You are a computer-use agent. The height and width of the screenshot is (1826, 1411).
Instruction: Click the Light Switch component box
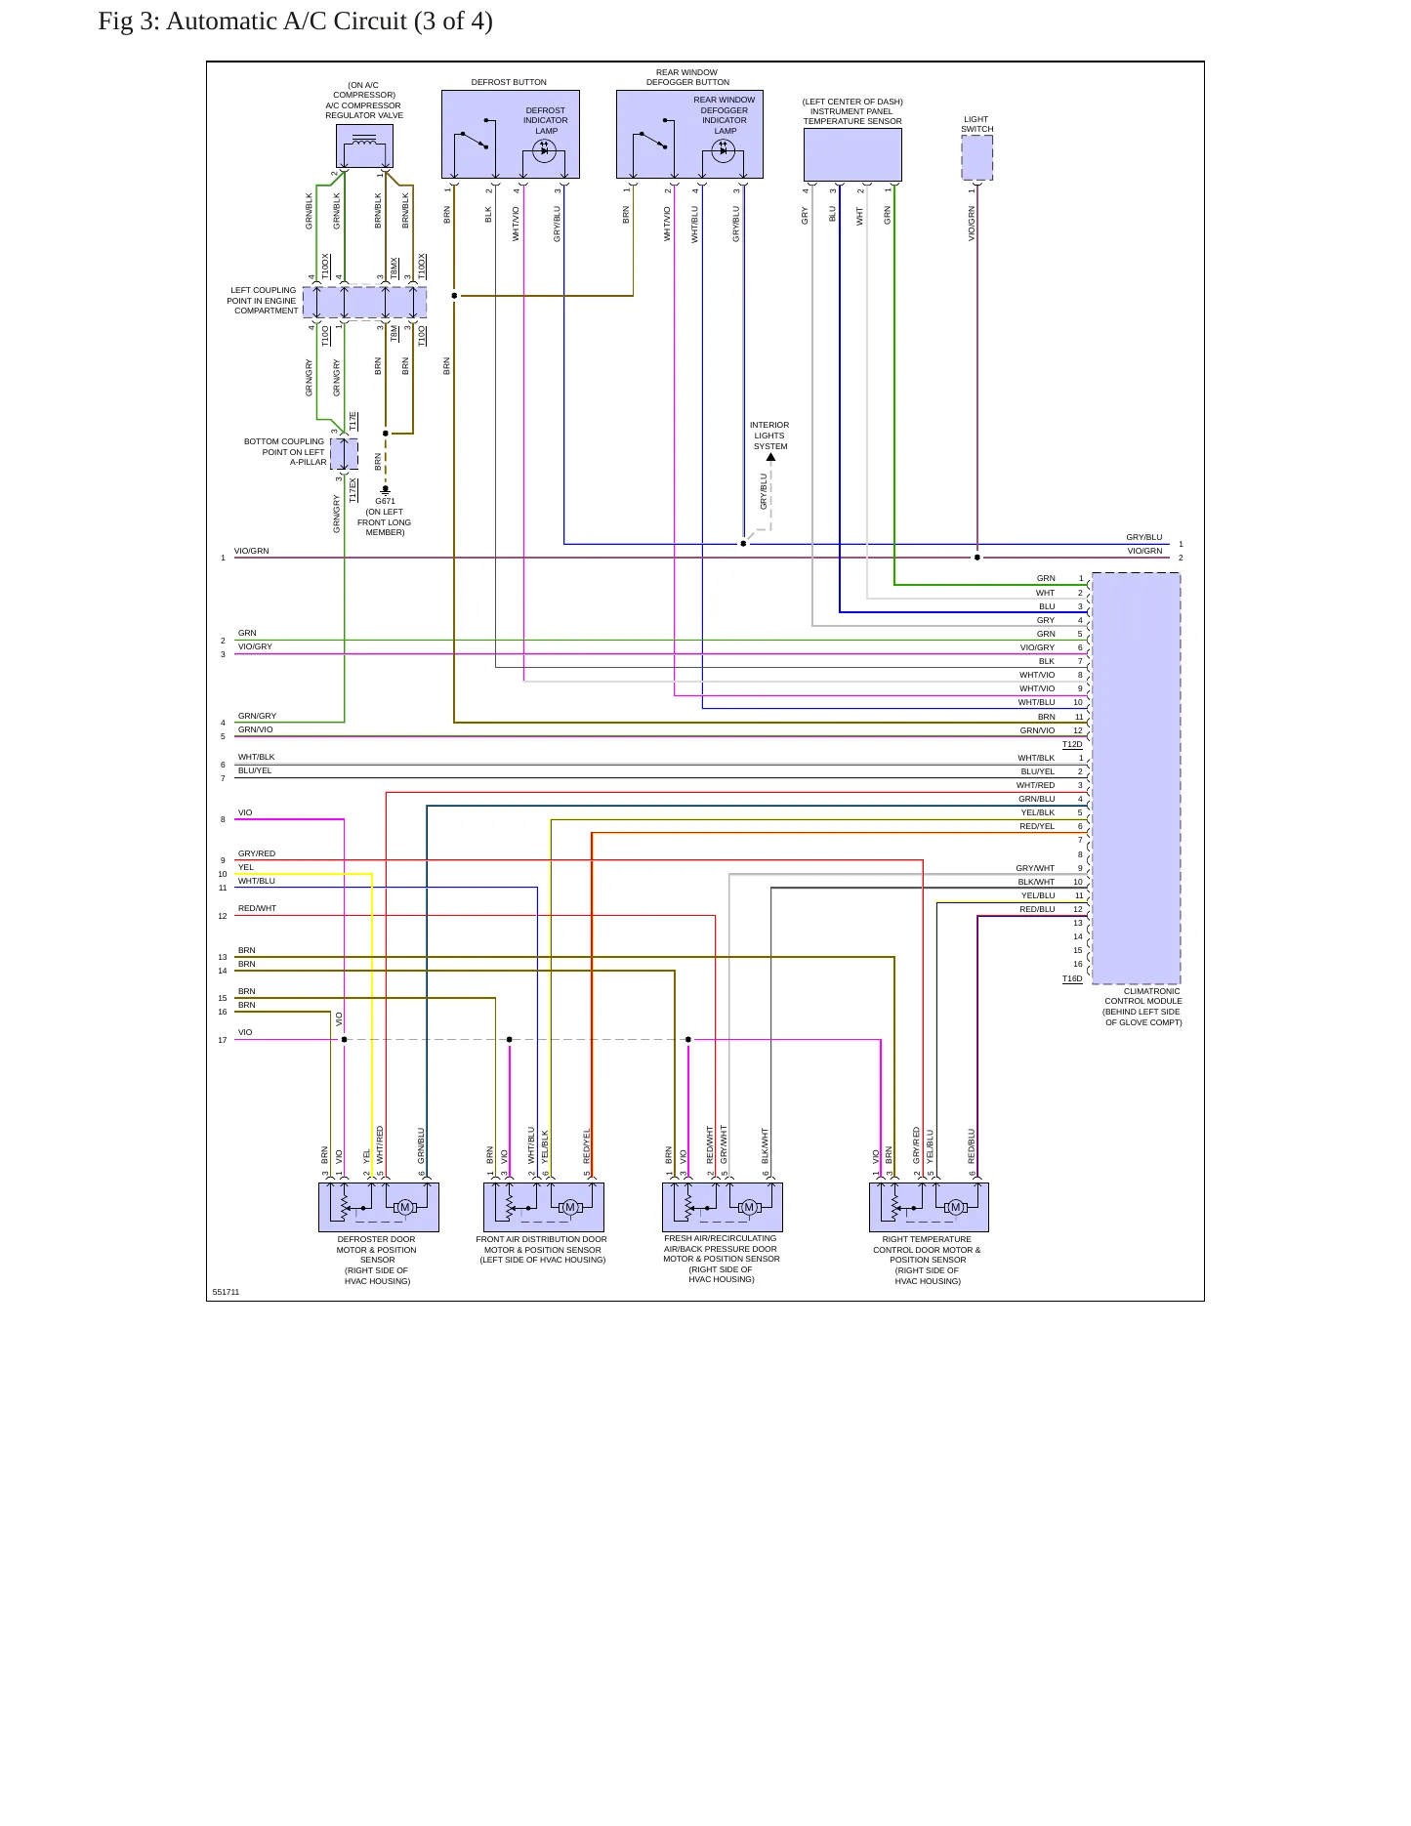tap(976, 157)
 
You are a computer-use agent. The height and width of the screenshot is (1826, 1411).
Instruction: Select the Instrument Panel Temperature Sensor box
tap(852, 154)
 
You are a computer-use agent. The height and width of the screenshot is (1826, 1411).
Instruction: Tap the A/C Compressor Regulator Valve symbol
tap(364, 146)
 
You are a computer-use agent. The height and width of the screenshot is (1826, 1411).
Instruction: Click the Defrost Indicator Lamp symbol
tap(544, 150)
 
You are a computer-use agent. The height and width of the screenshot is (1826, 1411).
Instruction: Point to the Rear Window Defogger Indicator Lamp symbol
tap(723, 150)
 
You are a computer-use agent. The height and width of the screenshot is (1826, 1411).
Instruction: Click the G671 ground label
tap(385, 502)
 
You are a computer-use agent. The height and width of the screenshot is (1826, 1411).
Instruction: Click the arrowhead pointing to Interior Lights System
tap(770, 457)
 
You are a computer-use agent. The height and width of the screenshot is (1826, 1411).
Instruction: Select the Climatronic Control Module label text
tap(1142, 1007)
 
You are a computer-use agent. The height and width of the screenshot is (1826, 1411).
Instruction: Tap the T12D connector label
tap(1072, 745)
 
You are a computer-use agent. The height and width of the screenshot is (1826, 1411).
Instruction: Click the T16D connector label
tap(1072, 978)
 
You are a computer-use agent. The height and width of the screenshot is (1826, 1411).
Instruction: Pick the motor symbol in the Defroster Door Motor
tap(404, 1208)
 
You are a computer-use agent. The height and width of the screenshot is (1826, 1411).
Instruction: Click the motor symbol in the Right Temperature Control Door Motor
tap(955, 1208)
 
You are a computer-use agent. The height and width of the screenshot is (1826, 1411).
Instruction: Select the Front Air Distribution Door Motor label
tap(542, 1250)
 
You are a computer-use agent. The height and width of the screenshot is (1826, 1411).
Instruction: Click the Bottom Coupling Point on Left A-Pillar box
tap(344, 454)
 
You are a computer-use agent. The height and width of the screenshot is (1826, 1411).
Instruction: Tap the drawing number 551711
tap(226, 1292)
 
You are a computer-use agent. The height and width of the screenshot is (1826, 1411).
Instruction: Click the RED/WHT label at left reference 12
tap(257, 909)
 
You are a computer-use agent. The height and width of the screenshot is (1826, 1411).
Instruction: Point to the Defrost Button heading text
tap(509, 82)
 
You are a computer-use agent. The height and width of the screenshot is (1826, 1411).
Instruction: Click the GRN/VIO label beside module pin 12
tap(1037, 730)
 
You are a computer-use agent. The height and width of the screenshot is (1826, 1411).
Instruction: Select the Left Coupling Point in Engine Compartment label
tap(263, 301)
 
